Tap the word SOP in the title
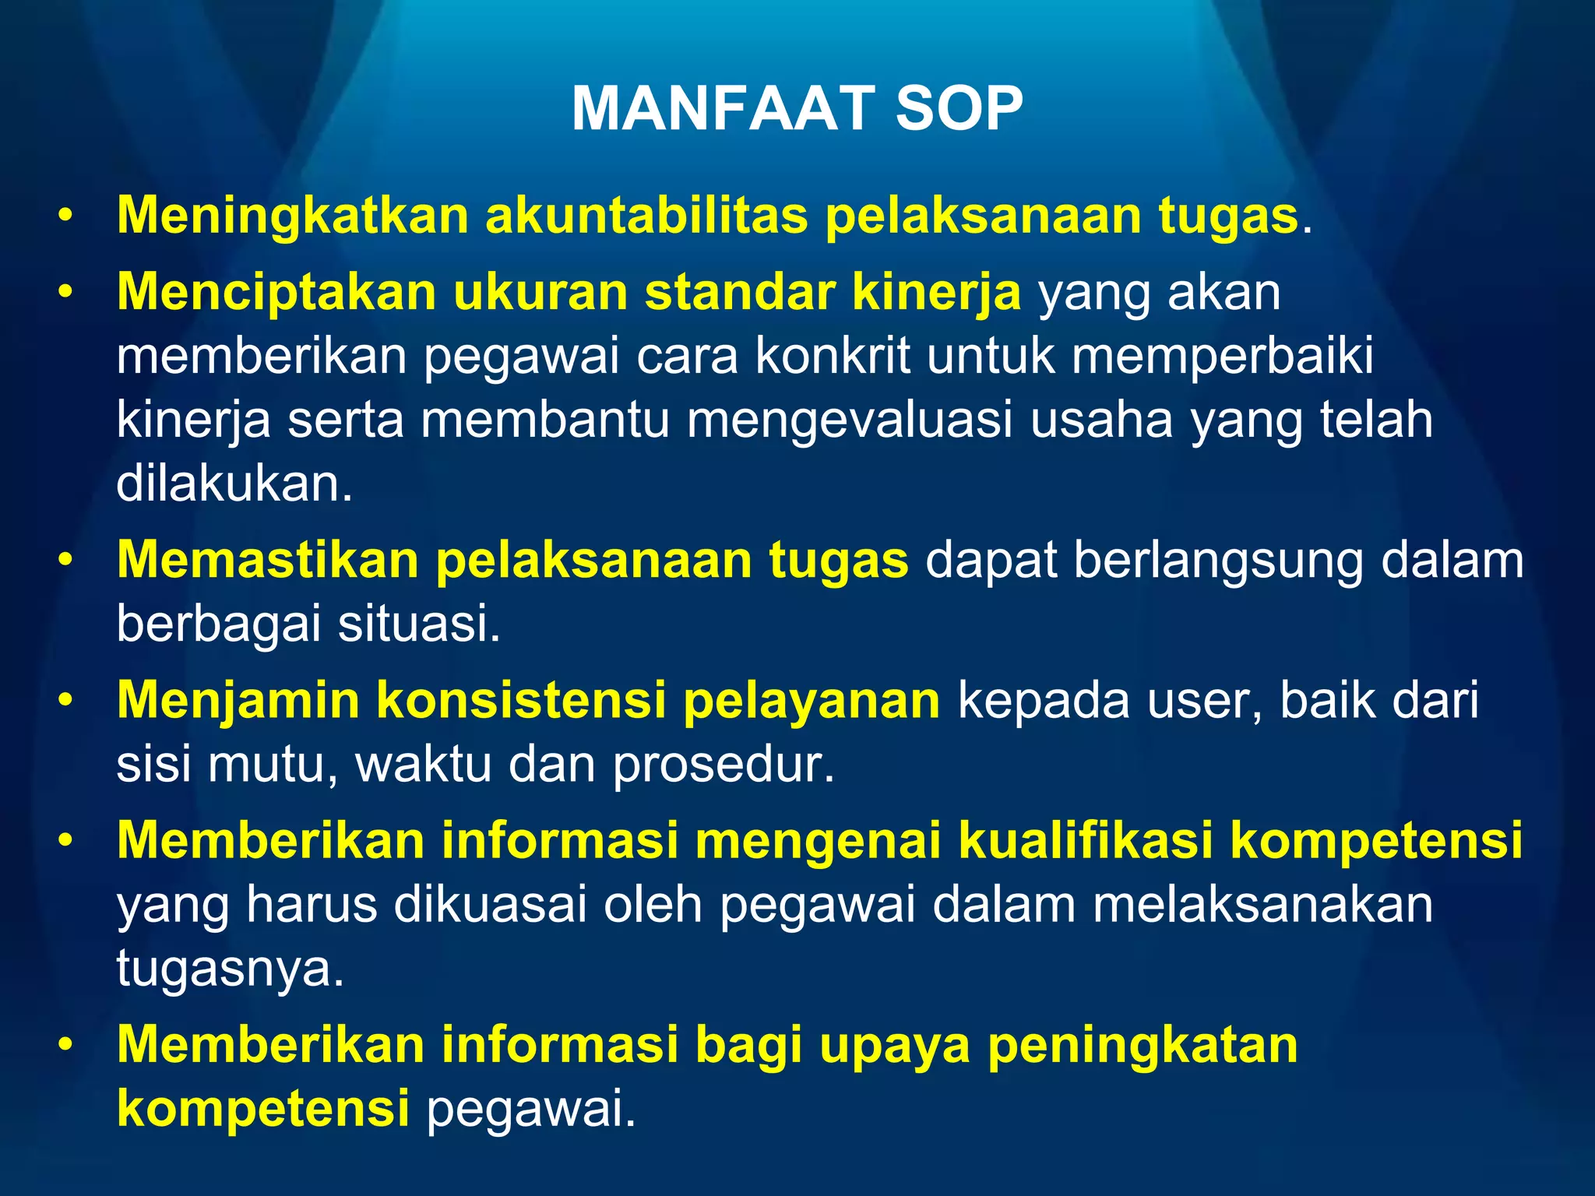click(959, 109)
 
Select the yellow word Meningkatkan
click(293, 216)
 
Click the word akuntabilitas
click(646, 216)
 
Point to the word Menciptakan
click(276, 293)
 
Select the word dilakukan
click(234, 484)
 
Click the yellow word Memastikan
click(268, 561)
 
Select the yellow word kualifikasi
click(1086, 841)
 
